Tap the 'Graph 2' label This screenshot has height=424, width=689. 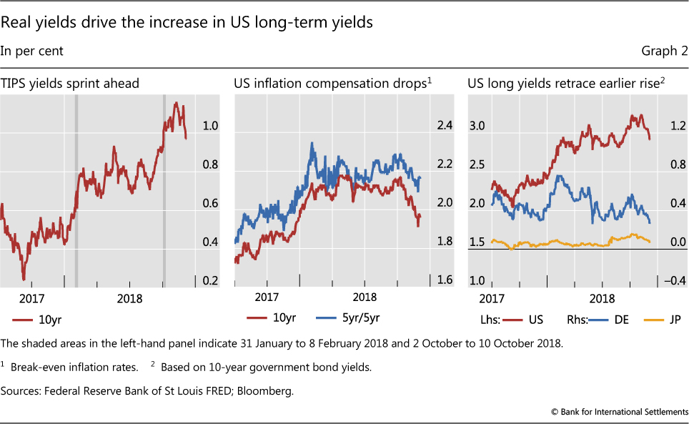(x=666, y=51)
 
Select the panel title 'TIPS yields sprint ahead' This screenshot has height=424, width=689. (x=69, y=84)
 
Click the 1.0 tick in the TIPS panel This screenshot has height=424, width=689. (x=209, y=127)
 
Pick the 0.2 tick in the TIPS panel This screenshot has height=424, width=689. (x=209, y=281)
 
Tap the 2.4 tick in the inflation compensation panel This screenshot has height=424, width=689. (x=445, y=127)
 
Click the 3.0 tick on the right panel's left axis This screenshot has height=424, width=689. (x=477, y=127)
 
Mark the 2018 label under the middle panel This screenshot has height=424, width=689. (x=365, y=297)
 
